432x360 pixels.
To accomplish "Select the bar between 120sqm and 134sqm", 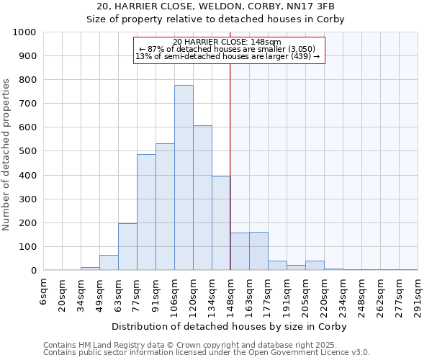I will pyautogui.click(x=202, y=198).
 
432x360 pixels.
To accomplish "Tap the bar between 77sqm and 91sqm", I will pyautogui.click(x=146, y=212).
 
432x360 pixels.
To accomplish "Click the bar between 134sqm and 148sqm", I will pyautogui.click(x=221, y=223).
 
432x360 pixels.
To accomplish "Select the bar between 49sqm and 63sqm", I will pyautogui.click(x=109, y=263).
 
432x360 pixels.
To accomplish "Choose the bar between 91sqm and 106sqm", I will pyautogui.click(x=165, y=207).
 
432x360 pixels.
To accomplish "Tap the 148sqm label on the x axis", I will pyautogui.click(x=230, y=294).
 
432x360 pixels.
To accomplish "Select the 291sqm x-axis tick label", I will pyautogui.click(x=418, y=294).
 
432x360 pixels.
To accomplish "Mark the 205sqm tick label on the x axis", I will pyautogui.click(x=305, y=294).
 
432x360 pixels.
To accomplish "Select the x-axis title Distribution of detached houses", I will pyautogui.click(x=230, y=326).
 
